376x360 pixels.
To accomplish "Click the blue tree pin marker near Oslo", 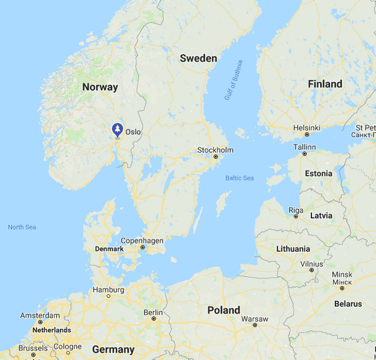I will coord(117,129).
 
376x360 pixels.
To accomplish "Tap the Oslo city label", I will coord(133,132).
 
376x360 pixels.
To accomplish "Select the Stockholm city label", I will coord(215,150).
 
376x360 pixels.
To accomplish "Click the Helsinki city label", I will coord(307,127).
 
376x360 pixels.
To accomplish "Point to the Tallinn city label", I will coord(304,146).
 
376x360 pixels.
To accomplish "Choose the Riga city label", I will coord(296,210).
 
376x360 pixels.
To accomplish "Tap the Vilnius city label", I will coord(311,264).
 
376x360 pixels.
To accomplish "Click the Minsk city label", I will coord(342,274).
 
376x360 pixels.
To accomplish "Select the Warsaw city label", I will coord(254,319).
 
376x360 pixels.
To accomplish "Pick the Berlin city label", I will coord(153,312).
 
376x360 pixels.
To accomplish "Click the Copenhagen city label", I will coord(142,241).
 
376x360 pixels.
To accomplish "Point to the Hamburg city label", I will coord(108,290).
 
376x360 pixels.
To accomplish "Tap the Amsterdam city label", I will coord(40,315).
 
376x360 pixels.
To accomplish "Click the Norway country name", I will coord(100,87).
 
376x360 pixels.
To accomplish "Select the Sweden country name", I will coord(198,58).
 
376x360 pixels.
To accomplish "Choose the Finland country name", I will coord(325,84).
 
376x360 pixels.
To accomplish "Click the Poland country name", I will coord(223,309).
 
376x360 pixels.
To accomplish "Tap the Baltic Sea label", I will coord(240,178).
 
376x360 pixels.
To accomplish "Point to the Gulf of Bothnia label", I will coord(233,80).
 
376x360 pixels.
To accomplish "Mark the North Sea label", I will coord(22,227).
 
